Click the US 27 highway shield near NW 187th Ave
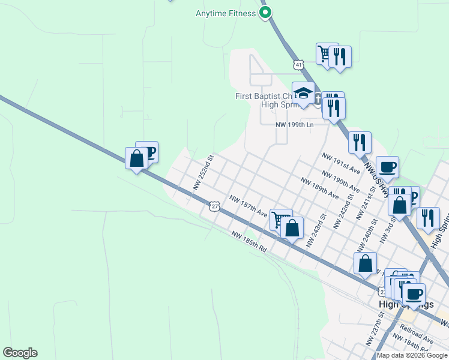click(214, 206)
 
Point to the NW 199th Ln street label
click(294, 125)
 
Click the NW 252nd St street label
click(203, 173)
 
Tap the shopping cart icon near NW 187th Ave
click(280, 219)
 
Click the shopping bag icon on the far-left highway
click(136, 159)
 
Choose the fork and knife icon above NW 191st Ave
click(360, 142)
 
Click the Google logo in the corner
click(20, 353)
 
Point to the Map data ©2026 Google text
click(411, 355)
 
